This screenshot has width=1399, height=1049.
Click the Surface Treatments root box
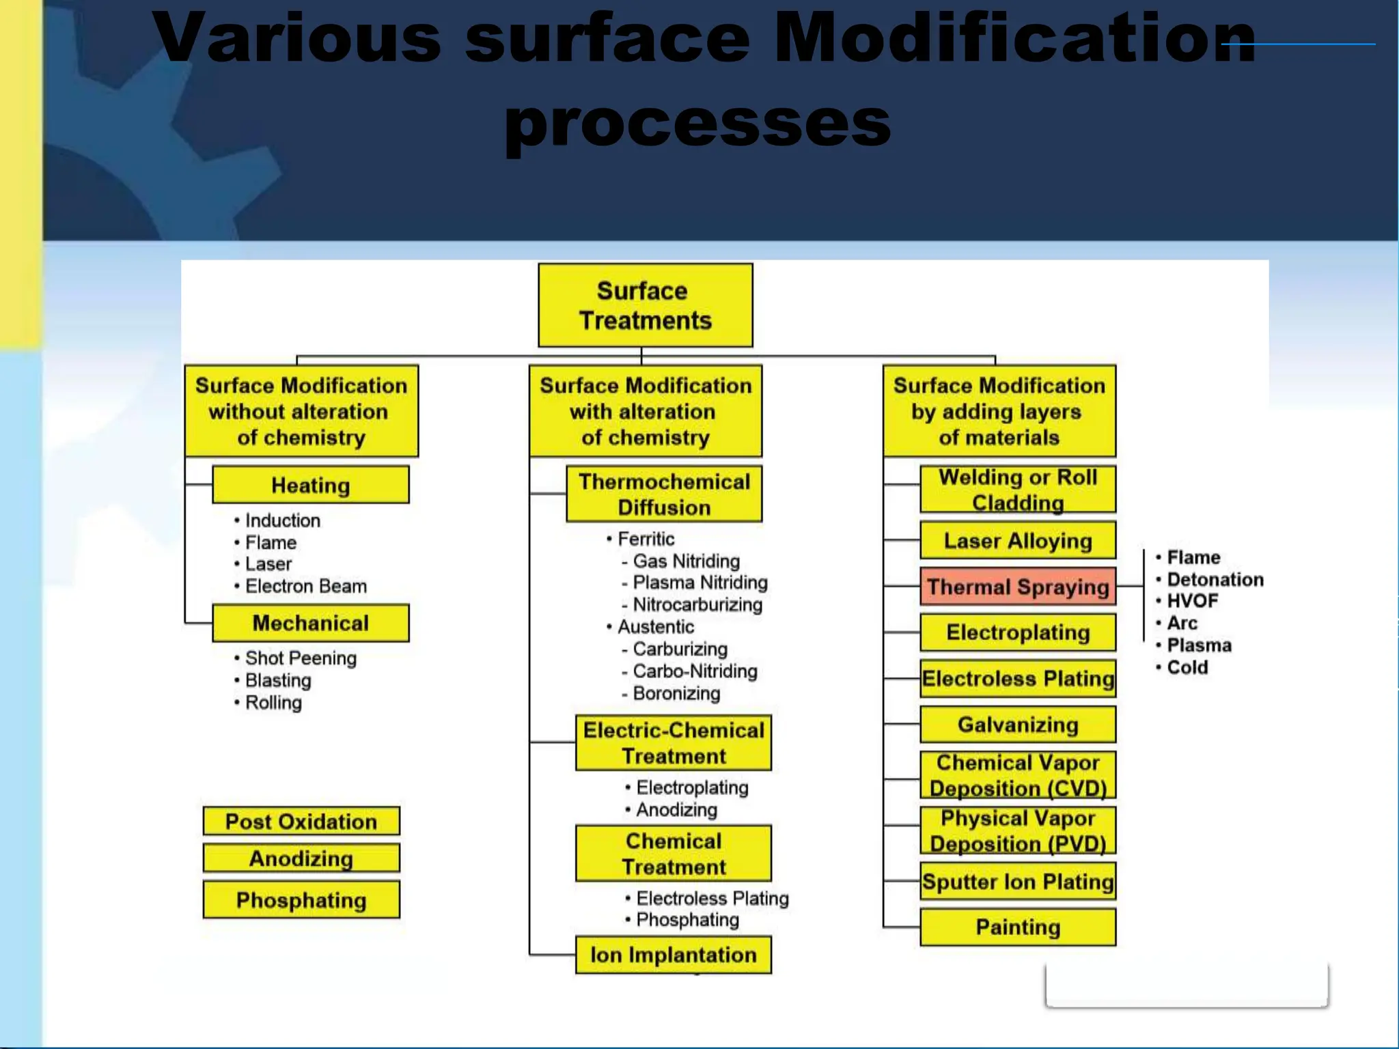coord(645,305)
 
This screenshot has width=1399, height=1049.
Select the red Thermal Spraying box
coord(1017,587)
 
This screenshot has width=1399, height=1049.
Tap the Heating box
coord(311,485)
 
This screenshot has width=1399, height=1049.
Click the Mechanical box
coord(311,623)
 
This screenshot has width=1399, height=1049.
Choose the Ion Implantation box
coord(673,954)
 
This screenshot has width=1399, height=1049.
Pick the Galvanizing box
coord(1017,724)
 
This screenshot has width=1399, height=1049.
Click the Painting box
coord(1017,927)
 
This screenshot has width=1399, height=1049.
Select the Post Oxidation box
coord(301,821)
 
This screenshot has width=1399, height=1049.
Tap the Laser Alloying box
coord(1017,541)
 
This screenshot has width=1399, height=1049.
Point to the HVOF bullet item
coord(1192,601)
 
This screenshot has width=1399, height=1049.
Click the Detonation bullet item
coord(1215,579)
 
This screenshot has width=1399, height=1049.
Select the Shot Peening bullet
coord(301,658)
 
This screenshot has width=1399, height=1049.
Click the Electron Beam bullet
coord(305,586)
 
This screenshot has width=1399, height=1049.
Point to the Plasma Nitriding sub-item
coord(699,583)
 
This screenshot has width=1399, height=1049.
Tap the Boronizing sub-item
coord(676,693)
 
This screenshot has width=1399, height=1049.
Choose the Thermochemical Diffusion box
coord(664,494)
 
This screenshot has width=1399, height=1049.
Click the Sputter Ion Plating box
coord(1017,882)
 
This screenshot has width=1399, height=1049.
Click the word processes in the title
coord(698,123)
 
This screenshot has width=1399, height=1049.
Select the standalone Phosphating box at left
coord(301,899)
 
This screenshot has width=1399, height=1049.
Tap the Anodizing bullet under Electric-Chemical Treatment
coord(676,810)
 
